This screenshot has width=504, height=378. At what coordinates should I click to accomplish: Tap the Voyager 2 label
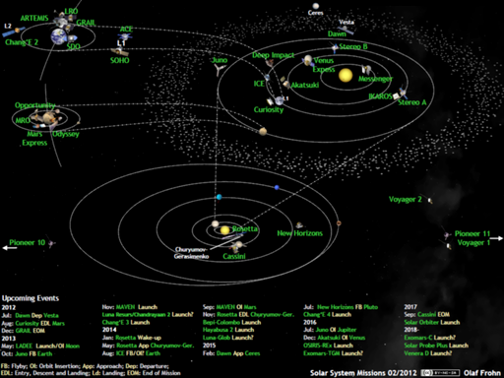click(x=406, y=200)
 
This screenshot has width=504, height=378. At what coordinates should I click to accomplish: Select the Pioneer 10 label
click(x=27, y=241)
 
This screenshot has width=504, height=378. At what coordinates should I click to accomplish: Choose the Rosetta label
click(x=245, y=228)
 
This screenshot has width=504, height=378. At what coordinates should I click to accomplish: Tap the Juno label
click(x=220, y=61)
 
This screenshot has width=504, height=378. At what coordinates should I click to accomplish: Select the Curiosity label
click(x=268, y=109)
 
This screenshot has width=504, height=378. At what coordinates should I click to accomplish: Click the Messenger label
click(x=376, y=79)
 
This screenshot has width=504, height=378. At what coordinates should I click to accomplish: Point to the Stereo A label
click(x=411, y=102)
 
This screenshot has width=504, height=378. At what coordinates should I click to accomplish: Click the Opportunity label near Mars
click(x=34, y=105)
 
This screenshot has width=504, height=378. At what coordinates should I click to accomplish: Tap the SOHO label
click(x=119, y=59)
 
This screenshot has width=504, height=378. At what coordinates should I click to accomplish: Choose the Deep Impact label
click(x=274, y=56)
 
